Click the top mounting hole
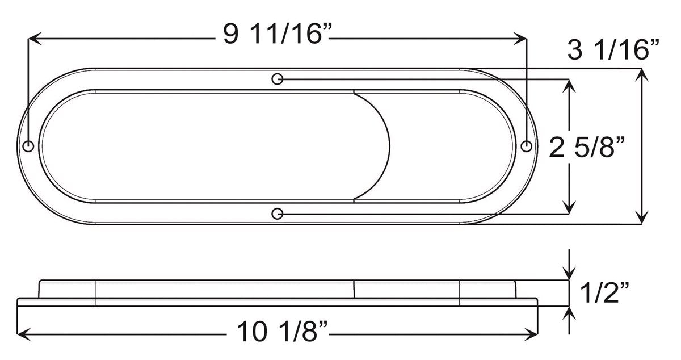click(x=278, y=78)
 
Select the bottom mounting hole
click(x=278, y=214)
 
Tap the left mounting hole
click(x=29, y=146)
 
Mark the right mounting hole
click(x=527, y=146)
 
